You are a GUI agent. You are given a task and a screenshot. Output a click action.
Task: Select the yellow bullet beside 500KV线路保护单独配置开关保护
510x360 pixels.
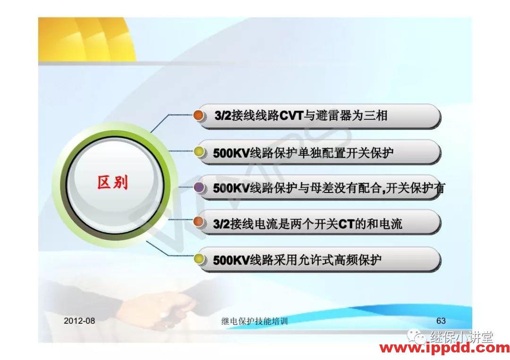(x=199, y=152)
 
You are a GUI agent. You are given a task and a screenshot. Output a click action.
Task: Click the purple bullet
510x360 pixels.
(x=199, y=188)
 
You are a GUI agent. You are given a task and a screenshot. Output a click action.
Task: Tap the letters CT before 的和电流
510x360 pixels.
(x=346, y=224)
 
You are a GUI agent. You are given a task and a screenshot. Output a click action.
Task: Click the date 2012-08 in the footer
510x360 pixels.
(x=79, y=321)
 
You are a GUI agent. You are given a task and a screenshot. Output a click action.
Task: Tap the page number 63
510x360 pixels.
(x=441, y=321)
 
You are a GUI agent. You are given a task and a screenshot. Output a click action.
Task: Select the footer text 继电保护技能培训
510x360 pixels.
(x=254, y=321)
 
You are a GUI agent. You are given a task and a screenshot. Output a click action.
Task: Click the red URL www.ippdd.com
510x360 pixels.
(x=445, y=349)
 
